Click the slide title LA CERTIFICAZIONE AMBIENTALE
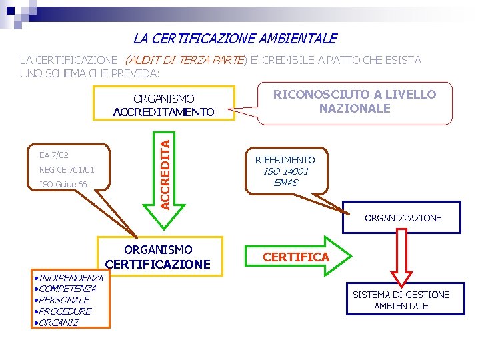pos(235,39)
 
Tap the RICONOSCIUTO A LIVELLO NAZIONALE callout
pos(355,101)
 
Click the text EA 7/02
pos(54,155)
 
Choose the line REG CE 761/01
pos(67,170)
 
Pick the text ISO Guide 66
pos(63,185)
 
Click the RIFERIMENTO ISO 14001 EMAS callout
pos(285,171)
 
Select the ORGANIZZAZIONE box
pos(402,218)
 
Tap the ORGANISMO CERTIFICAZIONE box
pos(158,257)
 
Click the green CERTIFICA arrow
pos(296,257)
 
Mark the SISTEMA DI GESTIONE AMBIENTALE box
pos(401,300)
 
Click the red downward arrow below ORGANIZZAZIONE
pos(402,257)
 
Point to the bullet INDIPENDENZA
pos(69,277)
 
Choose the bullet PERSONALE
pos(62,300)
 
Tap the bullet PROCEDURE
pos(63,311)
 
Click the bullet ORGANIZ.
pos(59,323)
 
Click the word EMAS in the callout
pos(285,183)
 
